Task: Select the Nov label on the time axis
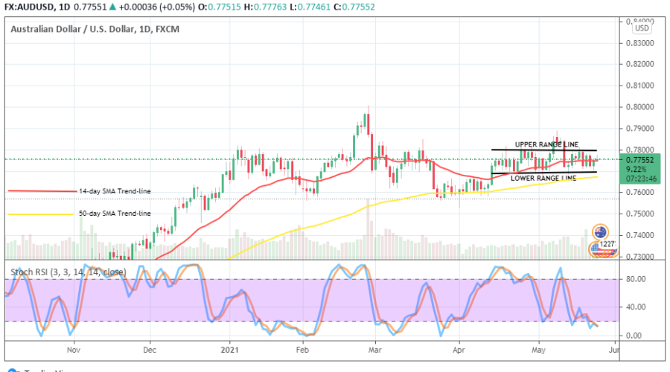tap(73, 348)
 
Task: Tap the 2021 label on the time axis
tap(229, 348)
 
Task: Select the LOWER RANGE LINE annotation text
tap(543, 179)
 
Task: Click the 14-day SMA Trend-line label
tap(114, 191)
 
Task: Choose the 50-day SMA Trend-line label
tap(114, 214)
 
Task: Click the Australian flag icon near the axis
tap(600, 231)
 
